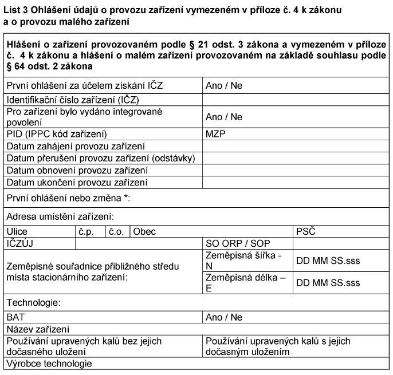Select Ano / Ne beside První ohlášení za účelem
pyautogui.click(x=224, y=86)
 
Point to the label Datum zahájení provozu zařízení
pyautogui.click(x=75, y=147)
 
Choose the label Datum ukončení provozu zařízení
pyautogui.click(x=77, y=183)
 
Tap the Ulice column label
pyautogui.click(x=17, y=232)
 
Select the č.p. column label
pyautogui.click(x=86, y=232)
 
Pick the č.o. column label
pyautogui.click(x=116, y=232)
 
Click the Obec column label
pyautogui.click(x=144, y=232)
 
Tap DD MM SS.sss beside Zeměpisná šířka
pyautogui.click(x=328, y=260)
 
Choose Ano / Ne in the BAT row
pyautogui.click(x=224, y=317)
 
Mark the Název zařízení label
pyautogui.click(x=38, y=329)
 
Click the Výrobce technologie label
pyautogui.click(x=49, y=364)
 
